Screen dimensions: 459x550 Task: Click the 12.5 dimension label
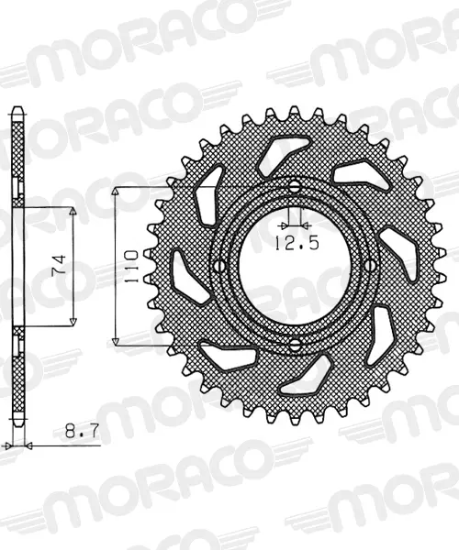point(297,243)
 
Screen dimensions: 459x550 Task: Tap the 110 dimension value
point(131,266)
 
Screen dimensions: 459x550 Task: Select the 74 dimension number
point(59,265)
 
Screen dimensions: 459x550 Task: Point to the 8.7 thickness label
point(83,431)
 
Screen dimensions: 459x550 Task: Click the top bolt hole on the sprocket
point(296,186)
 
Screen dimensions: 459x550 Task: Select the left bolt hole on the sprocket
point(220,266)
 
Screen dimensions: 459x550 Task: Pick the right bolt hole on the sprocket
point(370,265)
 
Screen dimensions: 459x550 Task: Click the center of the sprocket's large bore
point(295,266)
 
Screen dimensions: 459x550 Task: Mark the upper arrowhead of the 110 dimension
point(116,192)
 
